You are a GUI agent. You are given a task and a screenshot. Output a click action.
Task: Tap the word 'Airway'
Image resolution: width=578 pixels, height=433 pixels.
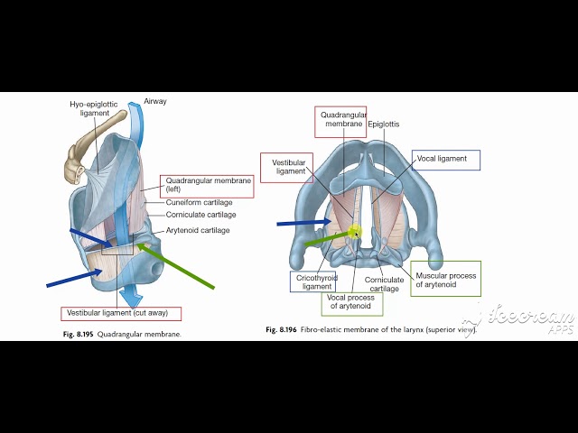tap(154, 102)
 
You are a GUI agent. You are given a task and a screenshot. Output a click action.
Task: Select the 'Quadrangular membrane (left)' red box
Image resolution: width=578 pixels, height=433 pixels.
tap(206, 186)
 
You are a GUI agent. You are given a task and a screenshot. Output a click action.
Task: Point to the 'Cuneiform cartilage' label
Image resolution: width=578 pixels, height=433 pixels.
tap(199, 203)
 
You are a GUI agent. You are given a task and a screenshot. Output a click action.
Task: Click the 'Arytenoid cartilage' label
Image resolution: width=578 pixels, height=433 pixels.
tap(197, 230)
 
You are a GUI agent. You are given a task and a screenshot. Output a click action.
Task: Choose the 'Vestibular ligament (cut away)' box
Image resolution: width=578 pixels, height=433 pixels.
tap(121, 314)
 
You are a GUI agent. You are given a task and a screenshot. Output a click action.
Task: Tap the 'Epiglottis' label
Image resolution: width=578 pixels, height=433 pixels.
tap(384, 124)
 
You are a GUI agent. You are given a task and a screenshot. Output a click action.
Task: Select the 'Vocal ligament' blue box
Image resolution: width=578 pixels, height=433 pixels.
tap(445, 160)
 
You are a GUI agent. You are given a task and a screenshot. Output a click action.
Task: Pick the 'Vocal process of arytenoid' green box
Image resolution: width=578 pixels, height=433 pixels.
tap(351, 302)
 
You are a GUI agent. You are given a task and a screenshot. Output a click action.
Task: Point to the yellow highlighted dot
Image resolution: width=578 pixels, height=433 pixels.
tap(355, 232)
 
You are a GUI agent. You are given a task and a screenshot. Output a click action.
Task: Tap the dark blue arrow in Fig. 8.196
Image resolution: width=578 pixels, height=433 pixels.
tap(303, 221)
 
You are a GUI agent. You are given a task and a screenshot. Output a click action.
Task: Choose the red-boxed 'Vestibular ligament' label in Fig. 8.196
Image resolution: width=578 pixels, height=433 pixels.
tap(290, 166)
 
